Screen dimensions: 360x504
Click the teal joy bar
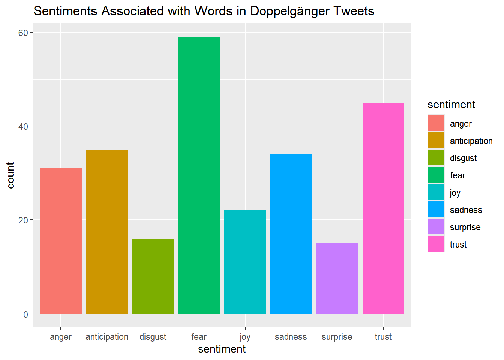tap(245, 262)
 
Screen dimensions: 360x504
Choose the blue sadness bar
tap(291, 234)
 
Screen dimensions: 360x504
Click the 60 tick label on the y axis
tap(23, 33)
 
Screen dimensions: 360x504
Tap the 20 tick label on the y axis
tap(23, 220)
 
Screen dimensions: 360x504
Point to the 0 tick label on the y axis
tap(25, 314)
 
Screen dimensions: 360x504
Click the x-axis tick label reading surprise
tap(337, 337)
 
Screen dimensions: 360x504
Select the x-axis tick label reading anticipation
tap(107, 337)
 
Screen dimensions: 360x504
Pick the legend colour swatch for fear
tap(436, 175)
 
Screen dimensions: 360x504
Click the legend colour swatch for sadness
tap(436, 210)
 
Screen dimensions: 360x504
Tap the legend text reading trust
tap(458, 244)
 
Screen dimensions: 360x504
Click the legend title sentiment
tap(451, 104)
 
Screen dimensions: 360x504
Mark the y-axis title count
tap(10, 175)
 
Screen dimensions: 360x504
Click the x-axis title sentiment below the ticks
tap(222, 349)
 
